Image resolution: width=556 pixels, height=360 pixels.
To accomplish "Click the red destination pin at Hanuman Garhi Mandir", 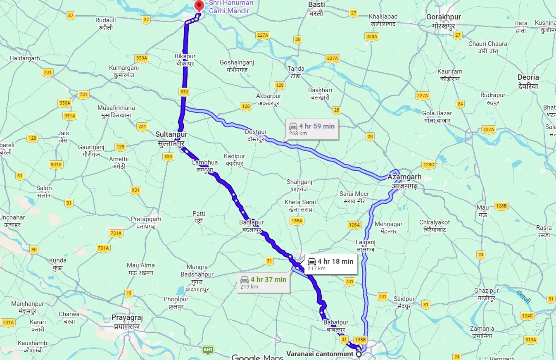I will [x=199, y=6].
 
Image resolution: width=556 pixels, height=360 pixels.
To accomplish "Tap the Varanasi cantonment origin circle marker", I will [x=359, y=354].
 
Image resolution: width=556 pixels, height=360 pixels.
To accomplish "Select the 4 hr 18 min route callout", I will [x=330, y=265].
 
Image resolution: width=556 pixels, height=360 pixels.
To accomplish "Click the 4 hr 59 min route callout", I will [x=312, y=129].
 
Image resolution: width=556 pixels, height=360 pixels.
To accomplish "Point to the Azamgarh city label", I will [x=404, y=181].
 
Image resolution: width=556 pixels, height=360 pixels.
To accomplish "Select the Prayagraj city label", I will [x=127, y=321].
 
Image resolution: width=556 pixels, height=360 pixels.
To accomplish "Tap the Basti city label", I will [x=316, y=9].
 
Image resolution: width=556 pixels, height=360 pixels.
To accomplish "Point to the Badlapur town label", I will [x=251, y=226].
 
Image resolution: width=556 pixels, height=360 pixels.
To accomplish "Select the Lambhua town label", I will [x=205, y=166].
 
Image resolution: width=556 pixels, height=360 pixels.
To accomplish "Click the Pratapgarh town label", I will [x=146, y=222].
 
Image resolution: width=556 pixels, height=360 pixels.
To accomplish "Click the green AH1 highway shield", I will [x=208, y=350].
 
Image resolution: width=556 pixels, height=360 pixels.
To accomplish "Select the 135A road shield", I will [x=297, y=221].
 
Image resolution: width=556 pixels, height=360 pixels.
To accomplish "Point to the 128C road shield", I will [x=429, y=165].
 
